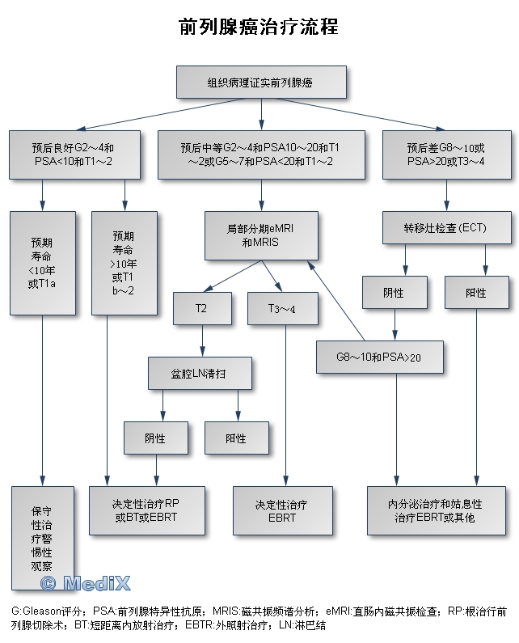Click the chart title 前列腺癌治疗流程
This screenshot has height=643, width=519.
tap(259, 27)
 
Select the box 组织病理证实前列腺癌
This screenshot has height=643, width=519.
tap(261, 82)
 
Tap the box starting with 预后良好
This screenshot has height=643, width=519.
tap(74, 154)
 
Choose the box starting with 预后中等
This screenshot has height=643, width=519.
tap(260, 154)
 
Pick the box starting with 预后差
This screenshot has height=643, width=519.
tap(446, 154)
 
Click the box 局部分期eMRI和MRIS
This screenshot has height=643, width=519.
tap(260, 236)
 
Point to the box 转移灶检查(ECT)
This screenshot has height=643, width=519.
tap(446, 227)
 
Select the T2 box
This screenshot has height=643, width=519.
tap(200, 308)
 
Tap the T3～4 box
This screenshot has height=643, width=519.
tap(282, 308)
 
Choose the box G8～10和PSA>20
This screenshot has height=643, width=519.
tap(379, 356)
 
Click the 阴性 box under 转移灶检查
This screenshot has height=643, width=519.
tap(394, 293)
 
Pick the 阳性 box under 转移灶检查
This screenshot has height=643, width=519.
tap(476, 293)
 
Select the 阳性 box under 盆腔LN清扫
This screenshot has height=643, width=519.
tap(236, 438)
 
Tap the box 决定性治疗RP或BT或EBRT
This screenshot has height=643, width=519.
tap(146, 510)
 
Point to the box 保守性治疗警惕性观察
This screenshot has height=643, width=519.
tap(41, 538)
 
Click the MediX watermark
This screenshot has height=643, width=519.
tap(84, 582)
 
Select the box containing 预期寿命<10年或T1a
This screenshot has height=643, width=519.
tap(41, 263)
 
